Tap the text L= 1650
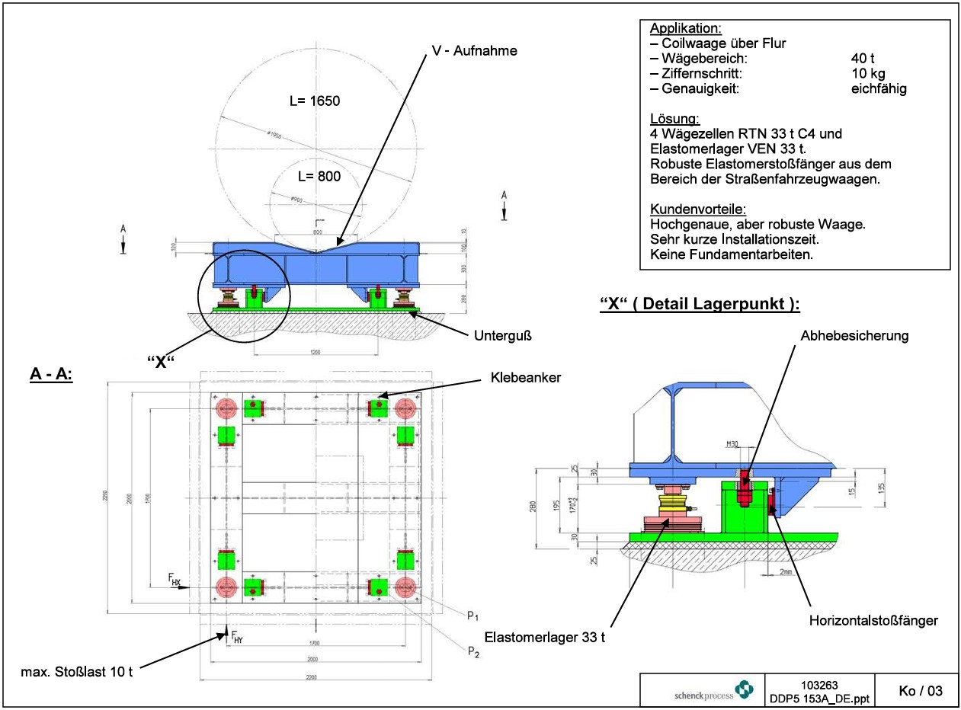314,101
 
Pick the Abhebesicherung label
854,335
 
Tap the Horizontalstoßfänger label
873,621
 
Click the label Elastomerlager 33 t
546,636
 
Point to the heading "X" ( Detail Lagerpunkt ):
700,305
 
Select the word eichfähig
878,89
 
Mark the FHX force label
175,580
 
